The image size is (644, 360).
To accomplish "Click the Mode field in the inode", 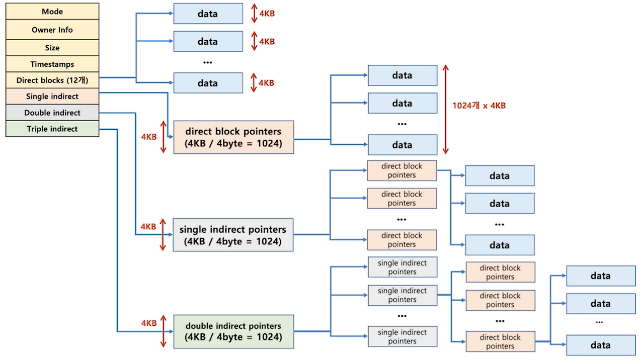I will [52, 12].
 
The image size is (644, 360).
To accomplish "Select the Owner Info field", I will [52, 30].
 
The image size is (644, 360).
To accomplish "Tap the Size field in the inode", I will [52, 48].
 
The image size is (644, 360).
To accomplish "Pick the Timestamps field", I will [52, 64].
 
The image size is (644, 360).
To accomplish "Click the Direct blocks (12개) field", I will [52, 80].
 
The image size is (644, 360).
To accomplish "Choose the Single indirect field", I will [52, 97].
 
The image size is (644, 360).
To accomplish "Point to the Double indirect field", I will [52, 113].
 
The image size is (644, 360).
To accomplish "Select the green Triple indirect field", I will [52, 129].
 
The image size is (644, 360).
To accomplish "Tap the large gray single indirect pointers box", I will [233, 235].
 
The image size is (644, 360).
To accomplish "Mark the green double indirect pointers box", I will [233, 331].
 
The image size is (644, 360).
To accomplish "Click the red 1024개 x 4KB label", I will [478, 106].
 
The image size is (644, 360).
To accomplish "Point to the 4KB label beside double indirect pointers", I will [149, 323].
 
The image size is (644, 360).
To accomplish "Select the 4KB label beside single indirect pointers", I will [148, 227].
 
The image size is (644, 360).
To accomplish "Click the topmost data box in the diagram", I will [207, 14].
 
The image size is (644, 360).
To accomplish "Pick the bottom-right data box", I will [601, 345].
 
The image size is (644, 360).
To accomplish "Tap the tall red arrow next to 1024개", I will [445, 110].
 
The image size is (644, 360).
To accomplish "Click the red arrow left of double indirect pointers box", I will [163, 331].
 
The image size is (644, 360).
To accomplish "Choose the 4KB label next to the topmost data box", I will [267, 14].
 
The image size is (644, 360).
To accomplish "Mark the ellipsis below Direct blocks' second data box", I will [207, 62].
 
